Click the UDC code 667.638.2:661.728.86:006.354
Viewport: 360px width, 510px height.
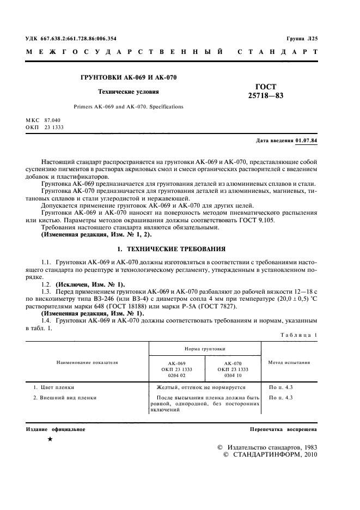point(71,39)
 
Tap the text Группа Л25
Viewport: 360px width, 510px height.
point(302,39)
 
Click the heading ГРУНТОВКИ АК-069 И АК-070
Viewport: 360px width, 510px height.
point(128,78)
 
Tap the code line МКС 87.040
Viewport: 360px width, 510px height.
point(44,119)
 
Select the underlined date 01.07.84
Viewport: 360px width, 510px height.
point(307,141)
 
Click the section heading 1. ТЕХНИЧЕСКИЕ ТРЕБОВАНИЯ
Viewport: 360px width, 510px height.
point(172,249)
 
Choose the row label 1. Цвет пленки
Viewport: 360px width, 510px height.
point(54,387)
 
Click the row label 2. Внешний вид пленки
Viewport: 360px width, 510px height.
point(65,398)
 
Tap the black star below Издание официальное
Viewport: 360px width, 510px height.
point(50,439)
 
